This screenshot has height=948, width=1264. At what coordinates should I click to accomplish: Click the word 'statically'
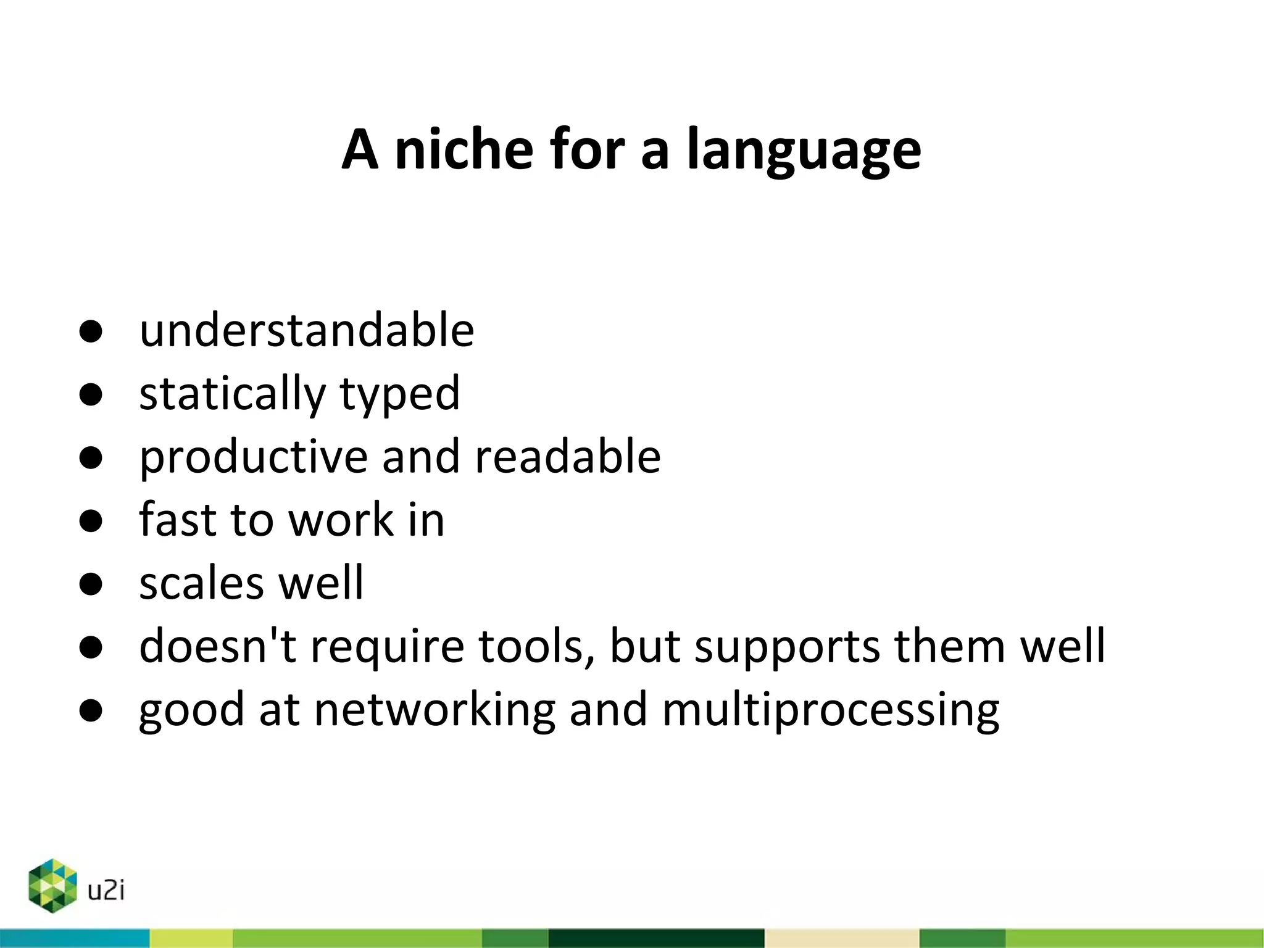pos(231,393)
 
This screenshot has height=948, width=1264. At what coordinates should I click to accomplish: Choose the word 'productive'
pos(253,457)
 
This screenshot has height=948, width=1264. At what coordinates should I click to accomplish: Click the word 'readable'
pos(568,456)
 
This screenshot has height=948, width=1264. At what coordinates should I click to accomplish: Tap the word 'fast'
pos(177,520)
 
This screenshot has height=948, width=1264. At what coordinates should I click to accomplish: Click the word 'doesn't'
pos(218,646)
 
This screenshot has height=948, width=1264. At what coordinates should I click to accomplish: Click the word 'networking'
pos(435,710)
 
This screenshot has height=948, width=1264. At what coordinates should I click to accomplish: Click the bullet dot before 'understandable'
pos(91,331)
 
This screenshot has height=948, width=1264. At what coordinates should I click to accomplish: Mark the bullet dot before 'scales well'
pos(91,584)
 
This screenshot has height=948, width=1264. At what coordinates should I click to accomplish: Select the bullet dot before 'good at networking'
pos(91,710)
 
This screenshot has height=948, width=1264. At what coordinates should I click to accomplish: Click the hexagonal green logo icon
pos(52,885)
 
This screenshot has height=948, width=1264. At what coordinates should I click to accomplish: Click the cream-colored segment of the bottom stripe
pos(841,938)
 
